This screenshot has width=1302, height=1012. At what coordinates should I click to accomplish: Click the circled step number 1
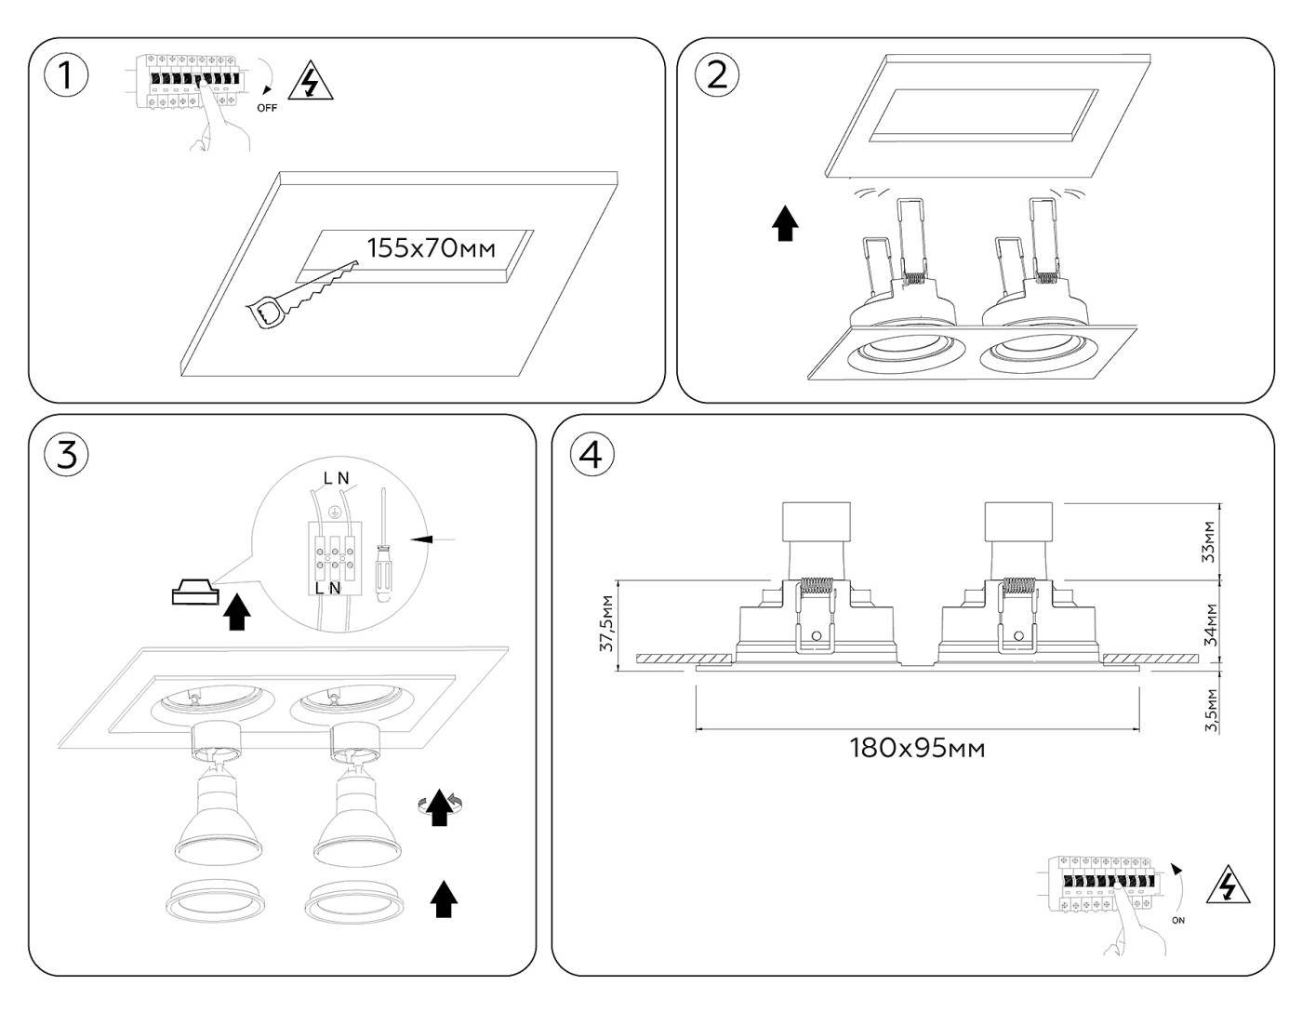click(x=66, y=75)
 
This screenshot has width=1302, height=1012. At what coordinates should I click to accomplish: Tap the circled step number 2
click(x=717, y=74)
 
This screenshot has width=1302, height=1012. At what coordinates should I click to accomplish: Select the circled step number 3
click(x=66, y=455)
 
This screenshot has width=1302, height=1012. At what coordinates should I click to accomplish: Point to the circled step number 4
click(x=591, y=455)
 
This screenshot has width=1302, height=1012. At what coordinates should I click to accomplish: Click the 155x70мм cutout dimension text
click(x=431, y=248)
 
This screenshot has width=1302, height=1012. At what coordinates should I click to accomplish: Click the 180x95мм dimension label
click(x=917, y=747)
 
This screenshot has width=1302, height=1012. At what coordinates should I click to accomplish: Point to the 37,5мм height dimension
click(x=606, y=623)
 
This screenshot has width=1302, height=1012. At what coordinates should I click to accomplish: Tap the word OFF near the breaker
click(x=267, y=108)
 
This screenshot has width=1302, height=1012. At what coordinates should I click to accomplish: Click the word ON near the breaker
click(x=1179, y=921)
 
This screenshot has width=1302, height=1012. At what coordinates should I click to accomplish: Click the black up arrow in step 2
click(x=787, y=224)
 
